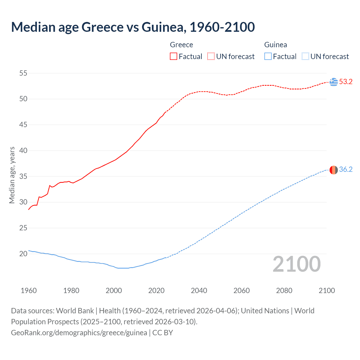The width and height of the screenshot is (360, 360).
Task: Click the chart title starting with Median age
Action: [133, 27]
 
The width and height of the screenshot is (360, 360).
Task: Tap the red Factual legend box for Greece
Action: [174, 56]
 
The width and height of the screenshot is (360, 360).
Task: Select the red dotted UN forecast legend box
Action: [211, 56]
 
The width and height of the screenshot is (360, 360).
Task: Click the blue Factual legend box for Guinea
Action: [268, 56]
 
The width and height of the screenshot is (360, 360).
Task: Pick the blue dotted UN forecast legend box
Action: [305, 56]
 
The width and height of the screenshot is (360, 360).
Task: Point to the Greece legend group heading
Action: [181, 45]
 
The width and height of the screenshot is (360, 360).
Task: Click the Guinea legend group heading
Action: [276, 45]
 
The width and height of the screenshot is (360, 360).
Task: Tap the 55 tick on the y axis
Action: [23, 73]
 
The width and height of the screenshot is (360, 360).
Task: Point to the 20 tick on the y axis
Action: [23, 254]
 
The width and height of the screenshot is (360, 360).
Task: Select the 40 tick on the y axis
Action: [23, 150]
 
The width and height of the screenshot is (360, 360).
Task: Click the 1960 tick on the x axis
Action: [29, 291]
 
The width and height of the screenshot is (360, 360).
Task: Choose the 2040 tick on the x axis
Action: [199, 291]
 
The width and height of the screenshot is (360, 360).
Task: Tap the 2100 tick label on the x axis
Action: [327, 291]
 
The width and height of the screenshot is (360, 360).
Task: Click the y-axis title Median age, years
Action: [12, 175]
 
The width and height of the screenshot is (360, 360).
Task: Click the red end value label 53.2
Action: [346, 82]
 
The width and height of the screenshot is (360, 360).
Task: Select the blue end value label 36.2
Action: [346, 169]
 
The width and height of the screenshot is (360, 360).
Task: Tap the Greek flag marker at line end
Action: [334, 82]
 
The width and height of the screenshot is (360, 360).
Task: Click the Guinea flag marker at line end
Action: [334, 170]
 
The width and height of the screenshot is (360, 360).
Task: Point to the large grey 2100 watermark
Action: [297, 264]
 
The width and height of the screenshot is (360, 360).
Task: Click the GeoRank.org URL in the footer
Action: [79, 333]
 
